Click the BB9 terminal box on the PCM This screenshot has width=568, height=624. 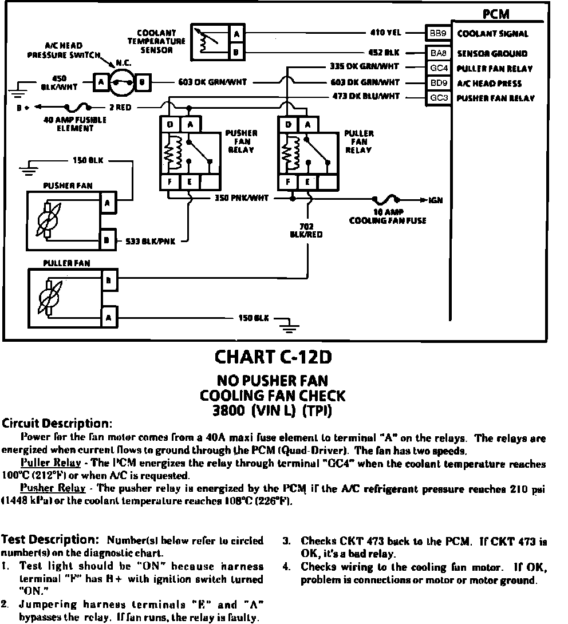(438, 33)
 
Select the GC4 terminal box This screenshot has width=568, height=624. (438, 69)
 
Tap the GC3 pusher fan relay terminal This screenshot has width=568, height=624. (438, 98)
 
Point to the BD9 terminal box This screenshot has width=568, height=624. (438, 83)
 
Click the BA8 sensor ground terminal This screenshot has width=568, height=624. (438, 53)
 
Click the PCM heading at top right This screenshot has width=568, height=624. (496, 14)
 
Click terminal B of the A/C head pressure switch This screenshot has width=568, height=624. (142, 82)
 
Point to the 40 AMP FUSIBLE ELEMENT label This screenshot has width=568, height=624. (68, 124)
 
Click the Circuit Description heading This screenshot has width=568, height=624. (57, 424)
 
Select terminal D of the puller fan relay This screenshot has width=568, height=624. (288, 124)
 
